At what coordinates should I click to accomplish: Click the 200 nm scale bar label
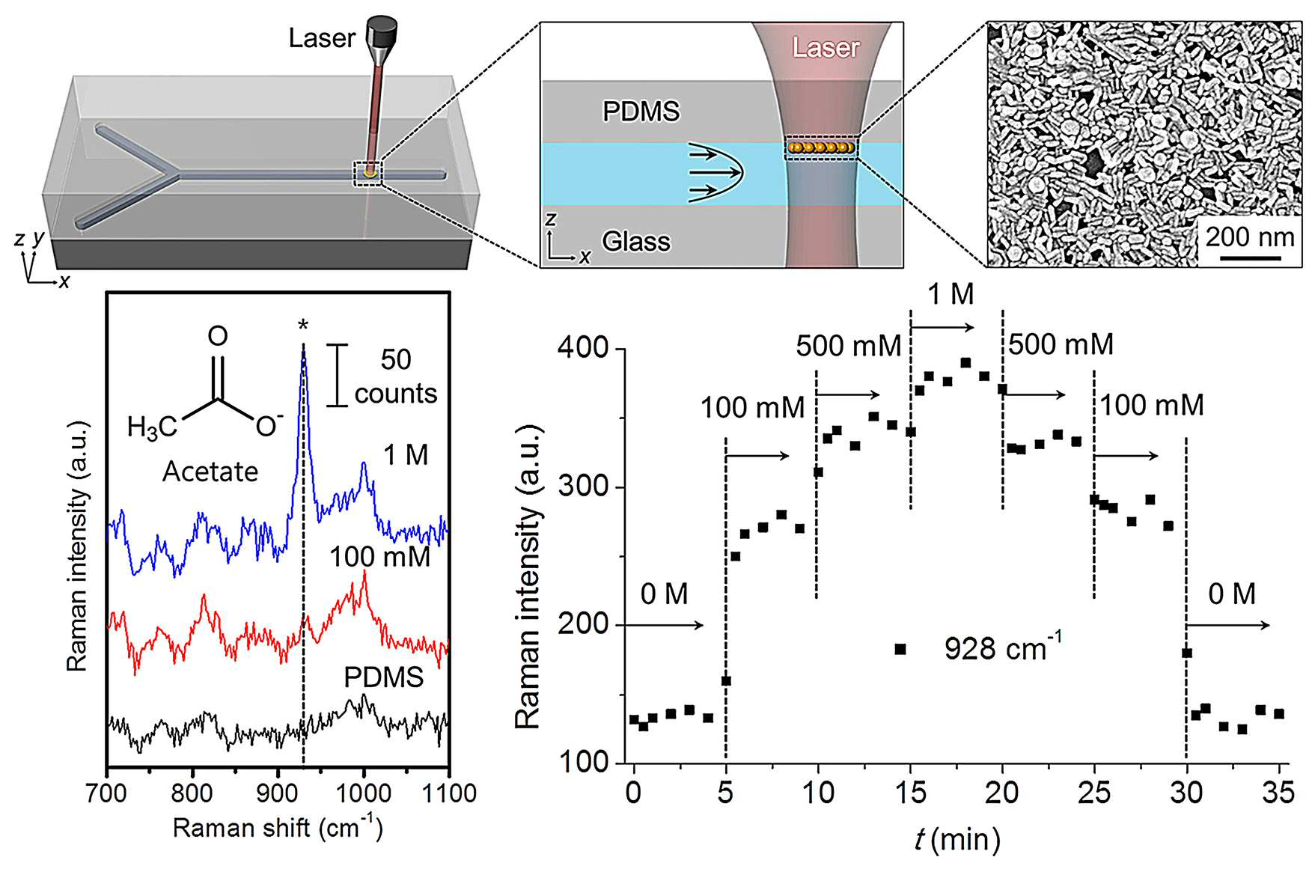coord(1249,237)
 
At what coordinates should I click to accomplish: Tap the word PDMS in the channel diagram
coord(641,112)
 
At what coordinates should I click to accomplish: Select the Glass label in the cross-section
coord(636,242)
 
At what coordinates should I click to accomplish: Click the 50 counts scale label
coord(396,376)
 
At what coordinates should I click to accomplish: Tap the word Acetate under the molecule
coord(210,472)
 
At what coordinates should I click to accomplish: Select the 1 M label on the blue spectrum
coord(406,455)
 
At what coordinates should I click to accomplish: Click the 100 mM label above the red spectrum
coord(380,557)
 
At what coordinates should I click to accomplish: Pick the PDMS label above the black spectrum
coord(384,677)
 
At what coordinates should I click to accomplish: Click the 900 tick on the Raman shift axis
coord(278,793)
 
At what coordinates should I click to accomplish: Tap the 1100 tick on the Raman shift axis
coord(448,793)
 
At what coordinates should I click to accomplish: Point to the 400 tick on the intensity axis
coord(582,350)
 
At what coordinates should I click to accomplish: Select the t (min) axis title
coord(957,840)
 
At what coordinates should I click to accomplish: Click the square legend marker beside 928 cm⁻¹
coord(900,649)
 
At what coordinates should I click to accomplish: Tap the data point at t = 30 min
coord(1186,653)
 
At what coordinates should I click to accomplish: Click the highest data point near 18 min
coord(965,363)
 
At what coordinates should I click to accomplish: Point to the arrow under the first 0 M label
coord(662,625)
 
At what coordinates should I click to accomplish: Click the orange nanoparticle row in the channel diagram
coord(821,147)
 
